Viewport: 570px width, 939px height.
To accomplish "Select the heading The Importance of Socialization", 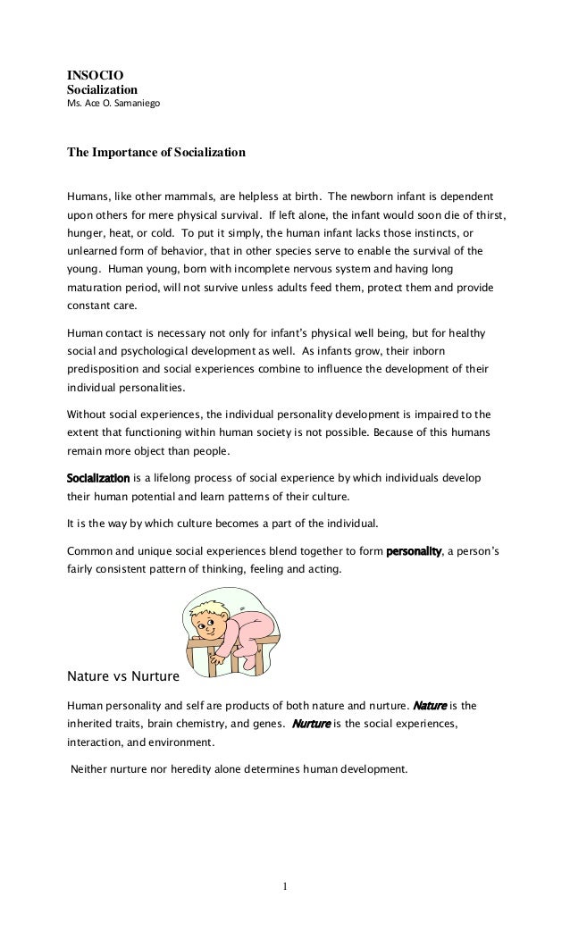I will pos(156,154).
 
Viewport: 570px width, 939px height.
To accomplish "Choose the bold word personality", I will pos(413,551).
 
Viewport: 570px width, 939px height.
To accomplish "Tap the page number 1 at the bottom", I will pos(285,887).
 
